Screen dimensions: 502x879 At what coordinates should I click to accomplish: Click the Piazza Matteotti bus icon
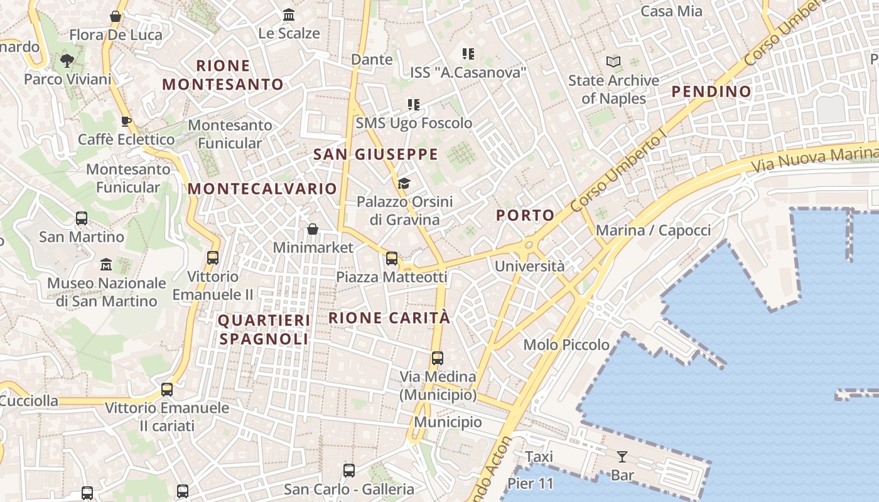click(x=392, y=258)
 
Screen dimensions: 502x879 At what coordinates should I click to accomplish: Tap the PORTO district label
click(x=526, y=215)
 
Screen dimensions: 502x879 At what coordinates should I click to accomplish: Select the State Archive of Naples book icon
click(x=613, y=61)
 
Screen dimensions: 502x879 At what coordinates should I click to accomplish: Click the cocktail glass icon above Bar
click(x=622, y=456)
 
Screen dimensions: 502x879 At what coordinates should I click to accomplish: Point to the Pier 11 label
click(x=531, y=484)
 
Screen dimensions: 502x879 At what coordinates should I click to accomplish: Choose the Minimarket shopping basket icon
click(x=313, y=229)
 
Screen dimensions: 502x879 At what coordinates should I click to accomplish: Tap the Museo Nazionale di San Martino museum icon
click(x=106, y=264)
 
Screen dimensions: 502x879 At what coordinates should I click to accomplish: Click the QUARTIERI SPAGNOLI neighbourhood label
click(x=264, y=329)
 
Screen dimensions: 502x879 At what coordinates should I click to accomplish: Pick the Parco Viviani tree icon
click(x=67, y=61)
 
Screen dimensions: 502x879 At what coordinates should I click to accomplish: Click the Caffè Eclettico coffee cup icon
click(x=126, y=120)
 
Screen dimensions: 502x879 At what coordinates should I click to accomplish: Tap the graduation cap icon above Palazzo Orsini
click(x=404, y=183)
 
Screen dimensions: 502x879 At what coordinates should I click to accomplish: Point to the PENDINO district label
click(x=711, y=92)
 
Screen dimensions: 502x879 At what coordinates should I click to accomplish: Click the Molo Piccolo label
click(x=566, y=344)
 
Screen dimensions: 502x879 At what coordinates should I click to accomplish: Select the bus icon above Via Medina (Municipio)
click(x=438, y=358)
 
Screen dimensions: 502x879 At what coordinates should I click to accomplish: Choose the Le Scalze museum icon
click(x=289, y=14)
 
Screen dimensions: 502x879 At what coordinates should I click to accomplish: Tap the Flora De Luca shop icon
click(x=116, y=16)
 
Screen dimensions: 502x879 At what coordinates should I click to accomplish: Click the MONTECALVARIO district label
click(x=262, y=188)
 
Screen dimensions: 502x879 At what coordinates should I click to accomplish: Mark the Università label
click(x=529, y=266)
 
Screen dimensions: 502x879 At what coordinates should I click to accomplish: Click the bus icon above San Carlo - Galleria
click(x=349, y=470)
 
